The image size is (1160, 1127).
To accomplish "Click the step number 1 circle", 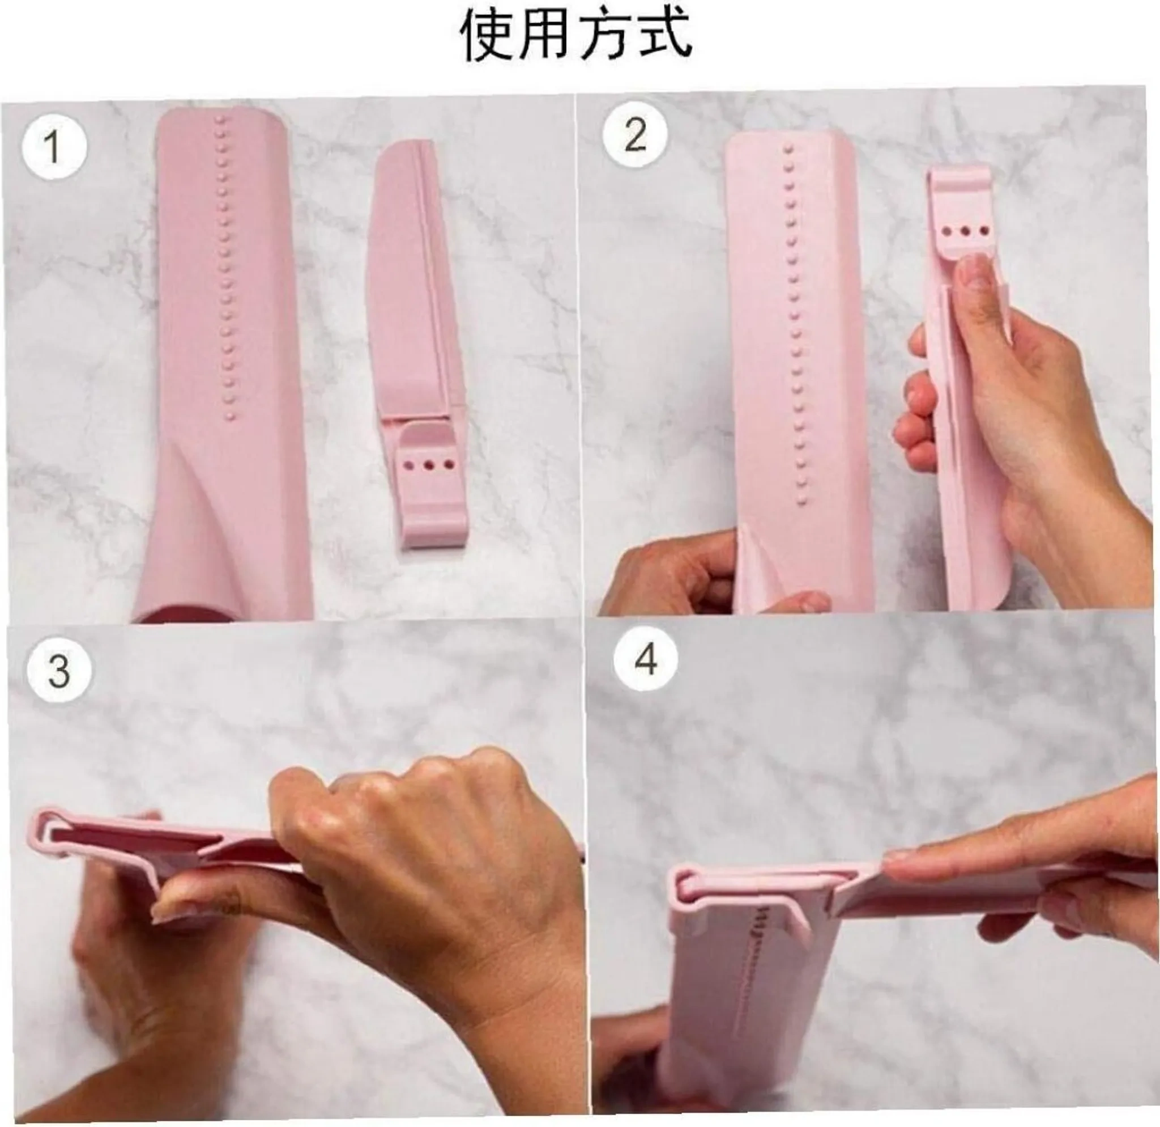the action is pos(54,147).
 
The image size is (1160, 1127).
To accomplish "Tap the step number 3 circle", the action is pos(59,671).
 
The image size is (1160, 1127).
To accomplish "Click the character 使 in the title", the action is pos(489,34).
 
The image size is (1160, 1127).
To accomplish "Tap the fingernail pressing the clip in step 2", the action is pos(973,273).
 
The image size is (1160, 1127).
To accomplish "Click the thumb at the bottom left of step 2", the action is pos(796,601).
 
